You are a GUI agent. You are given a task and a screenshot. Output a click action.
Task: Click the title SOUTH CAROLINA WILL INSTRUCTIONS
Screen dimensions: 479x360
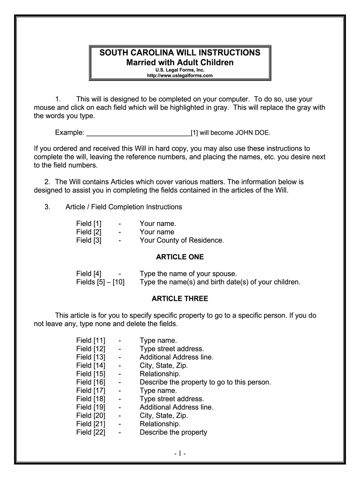[x=180, y=53]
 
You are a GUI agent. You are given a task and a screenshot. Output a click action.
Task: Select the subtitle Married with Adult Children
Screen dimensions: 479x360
[x=180, y=62]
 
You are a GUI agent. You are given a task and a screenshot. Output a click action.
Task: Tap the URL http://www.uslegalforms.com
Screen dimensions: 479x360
[x=180, y=75]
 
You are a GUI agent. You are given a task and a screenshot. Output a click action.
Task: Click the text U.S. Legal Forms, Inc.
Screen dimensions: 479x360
[x=180, y=70]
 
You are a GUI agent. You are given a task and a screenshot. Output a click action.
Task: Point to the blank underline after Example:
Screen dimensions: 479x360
[x=139, y=132]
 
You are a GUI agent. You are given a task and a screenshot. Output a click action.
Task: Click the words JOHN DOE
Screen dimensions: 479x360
[x=255, y=132]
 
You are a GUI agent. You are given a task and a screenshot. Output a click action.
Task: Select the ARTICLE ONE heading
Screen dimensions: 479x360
[x=180, y=257]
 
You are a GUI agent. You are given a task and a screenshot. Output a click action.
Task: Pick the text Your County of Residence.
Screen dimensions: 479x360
[x=182, y=240]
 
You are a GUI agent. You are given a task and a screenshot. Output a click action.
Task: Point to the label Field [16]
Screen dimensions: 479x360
[x=91, y=382]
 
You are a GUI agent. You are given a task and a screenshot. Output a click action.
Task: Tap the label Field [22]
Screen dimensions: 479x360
[x=91, y=432]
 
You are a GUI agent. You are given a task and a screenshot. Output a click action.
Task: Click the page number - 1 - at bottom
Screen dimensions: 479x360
[x=180, y=453]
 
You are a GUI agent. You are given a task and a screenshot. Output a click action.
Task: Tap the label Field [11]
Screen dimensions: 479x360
[x=91, y=340]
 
